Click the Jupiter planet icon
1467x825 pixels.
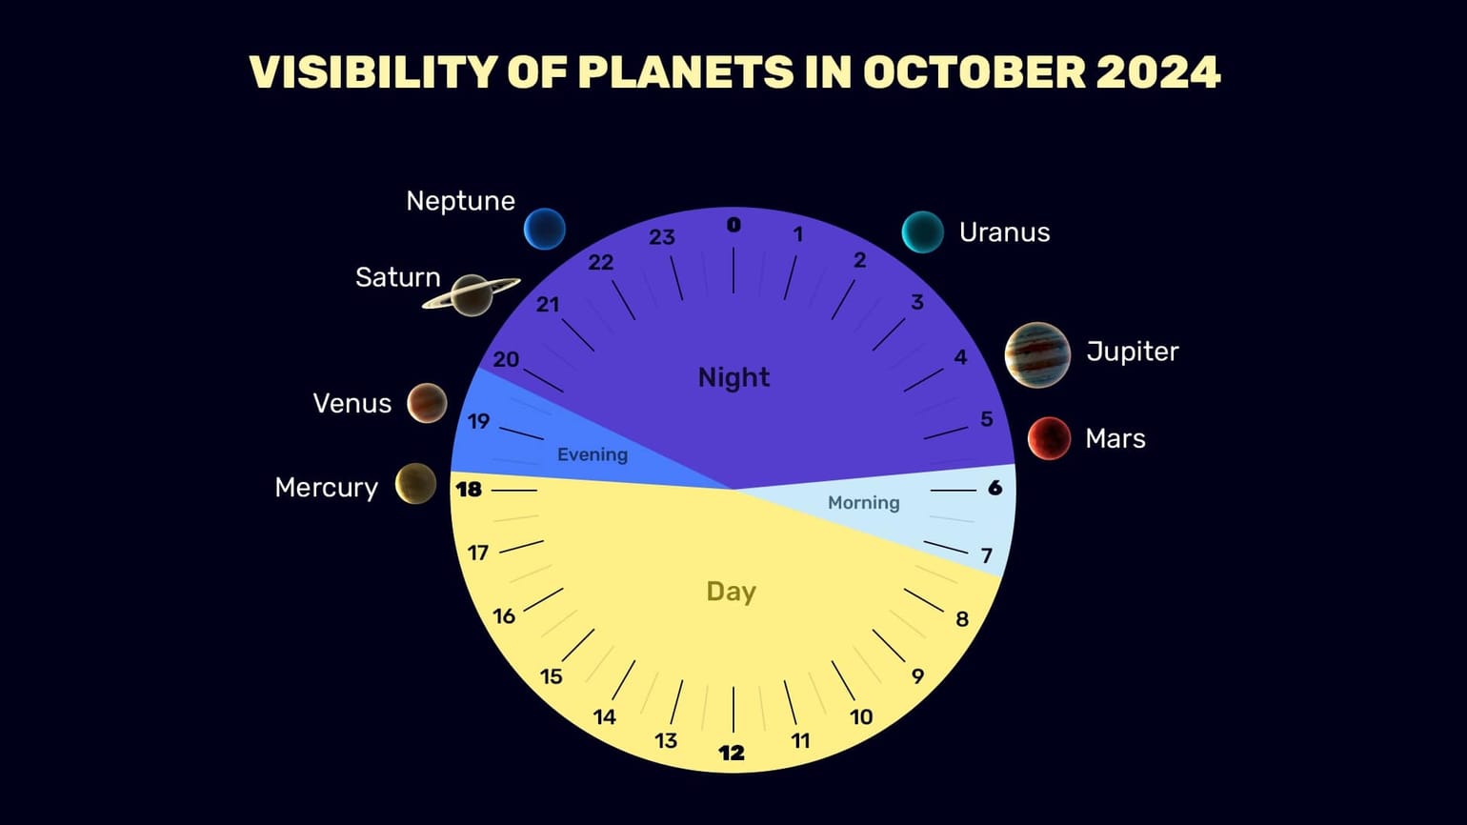pos(1037,355)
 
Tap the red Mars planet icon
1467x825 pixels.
pos(1049,438)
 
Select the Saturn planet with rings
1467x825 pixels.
pos(472,294)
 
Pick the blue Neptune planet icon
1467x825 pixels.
pos(545,229)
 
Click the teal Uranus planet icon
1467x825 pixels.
pos(922,231)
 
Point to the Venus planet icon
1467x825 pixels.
pos(427,403)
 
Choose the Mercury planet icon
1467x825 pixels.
pos(415,484)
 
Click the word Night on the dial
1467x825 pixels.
pos(733,377)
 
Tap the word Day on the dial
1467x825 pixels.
pos(731,592)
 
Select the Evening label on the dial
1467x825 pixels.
pos(593,454)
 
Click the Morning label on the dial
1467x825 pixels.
pos(863,502)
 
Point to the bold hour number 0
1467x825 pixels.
pos(733,225)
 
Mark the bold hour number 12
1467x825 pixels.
pos(732,753)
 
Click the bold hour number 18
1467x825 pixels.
pos(469,490)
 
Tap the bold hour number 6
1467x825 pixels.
pos(995,488)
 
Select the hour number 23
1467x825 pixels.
pos(662,237)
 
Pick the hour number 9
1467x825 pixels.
pos(917,676)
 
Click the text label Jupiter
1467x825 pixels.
pos(1132,352)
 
